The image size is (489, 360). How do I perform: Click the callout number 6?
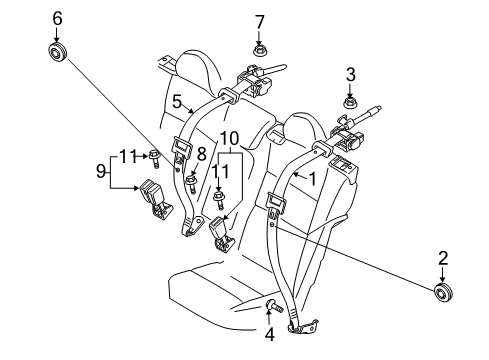click(x=57, y=17)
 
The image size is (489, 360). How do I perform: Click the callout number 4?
click(x=176, y=102)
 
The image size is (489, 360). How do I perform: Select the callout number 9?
click(x=100, y=172)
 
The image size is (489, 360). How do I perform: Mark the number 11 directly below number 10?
click(x=218, y=172)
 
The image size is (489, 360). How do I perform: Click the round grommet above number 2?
click(x=441, y=292)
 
